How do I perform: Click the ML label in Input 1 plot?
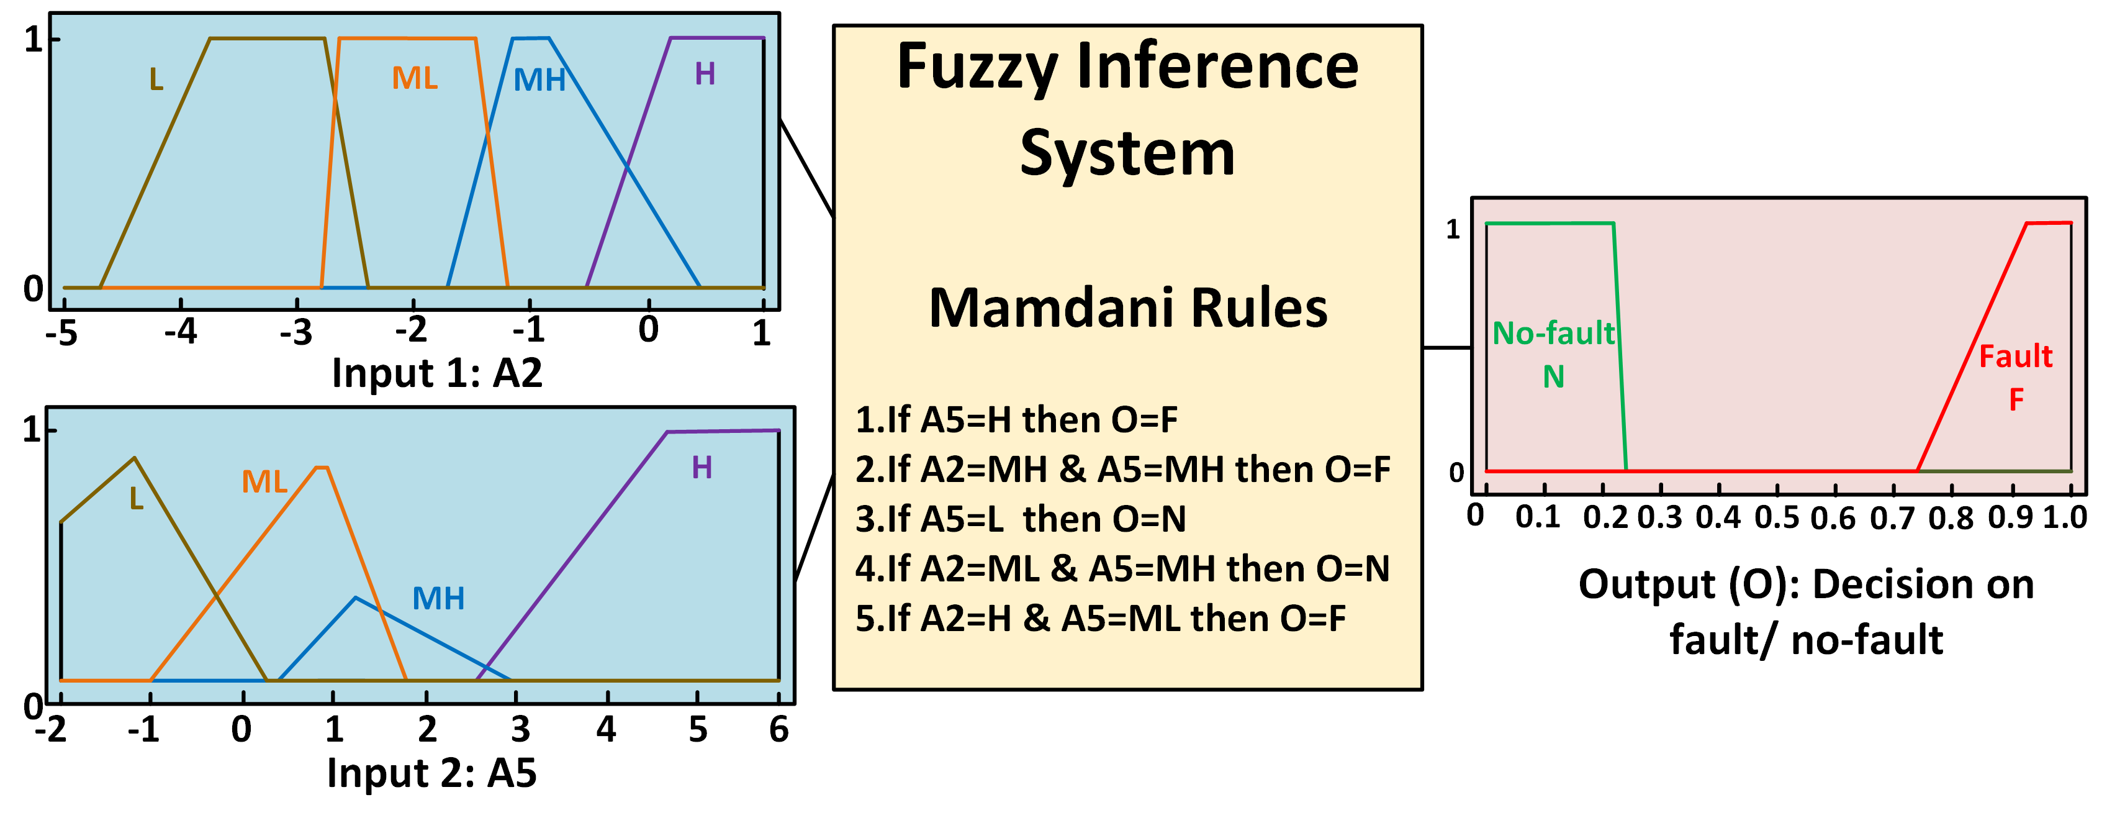click(x=415, y=78)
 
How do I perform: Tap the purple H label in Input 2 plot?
click(x=702, y=468)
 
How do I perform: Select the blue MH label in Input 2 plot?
click(x=438, y=599)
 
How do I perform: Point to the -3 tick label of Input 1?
click(x=296, y=332)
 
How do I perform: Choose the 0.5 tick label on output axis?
click(x=1777, y=517)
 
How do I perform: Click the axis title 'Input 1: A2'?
click(x=437, y=373)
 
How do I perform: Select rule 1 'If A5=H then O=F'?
click(x=1016, y=420)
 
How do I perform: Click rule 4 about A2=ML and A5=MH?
click(x=1122, y=568)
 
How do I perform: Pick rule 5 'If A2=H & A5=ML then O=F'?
click(x=1100, y=619)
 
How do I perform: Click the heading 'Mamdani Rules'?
click(x=1128, y=309)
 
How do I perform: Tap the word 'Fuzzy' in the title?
click(x=977, y=67)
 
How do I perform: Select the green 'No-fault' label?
click(x=1553, y=334)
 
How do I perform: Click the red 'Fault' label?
click(x=2015, y=357)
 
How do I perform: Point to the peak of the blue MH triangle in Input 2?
click(x=355, y=598)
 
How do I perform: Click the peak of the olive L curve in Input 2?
click(x=135, y=458)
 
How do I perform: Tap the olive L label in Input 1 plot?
click(x=156, y=80)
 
